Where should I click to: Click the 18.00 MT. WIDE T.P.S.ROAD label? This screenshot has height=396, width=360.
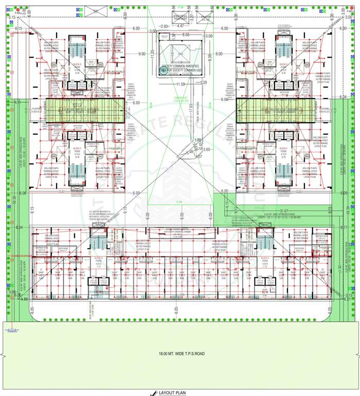click(x=179, y=355)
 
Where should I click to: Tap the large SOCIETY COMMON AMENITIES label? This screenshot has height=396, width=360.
click(x=180, y=67)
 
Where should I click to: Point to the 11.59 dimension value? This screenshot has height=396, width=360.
click(x=180, y=84)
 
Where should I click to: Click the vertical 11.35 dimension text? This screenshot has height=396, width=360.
click(x=153, y=54)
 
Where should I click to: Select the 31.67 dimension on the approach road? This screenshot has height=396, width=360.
click(x=283, y=210)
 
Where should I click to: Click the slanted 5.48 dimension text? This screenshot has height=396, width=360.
click(x=191, y=153)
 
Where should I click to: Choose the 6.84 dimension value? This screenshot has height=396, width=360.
click(x=19, y=227)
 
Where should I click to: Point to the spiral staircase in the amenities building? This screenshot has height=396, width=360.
click(x=164, y=73)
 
